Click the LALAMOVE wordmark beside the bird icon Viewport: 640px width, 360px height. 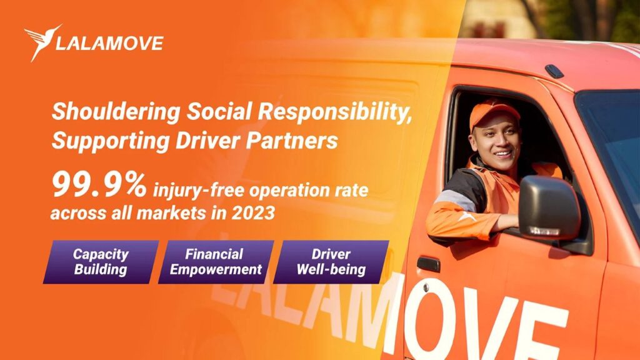pos(109,43)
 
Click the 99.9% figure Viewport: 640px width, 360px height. pos(99,185)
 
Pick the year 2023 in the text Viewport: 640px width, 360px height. pos(253,212)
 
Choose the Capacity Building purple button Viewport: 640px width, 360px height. pos(101,262)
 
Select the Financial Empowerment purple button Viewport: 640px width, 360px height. pos(216,262)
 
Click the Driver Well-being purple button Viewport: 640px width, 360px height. pos(331,262)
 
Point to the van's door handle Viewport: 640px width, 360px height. pos(428,264)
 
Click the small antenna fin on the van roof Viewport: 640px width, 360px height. pos(554,71)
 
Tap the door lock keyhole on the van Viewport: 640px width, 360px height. pos(426,287)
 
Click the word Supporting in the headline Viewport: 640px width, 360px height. pos(110,141)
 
